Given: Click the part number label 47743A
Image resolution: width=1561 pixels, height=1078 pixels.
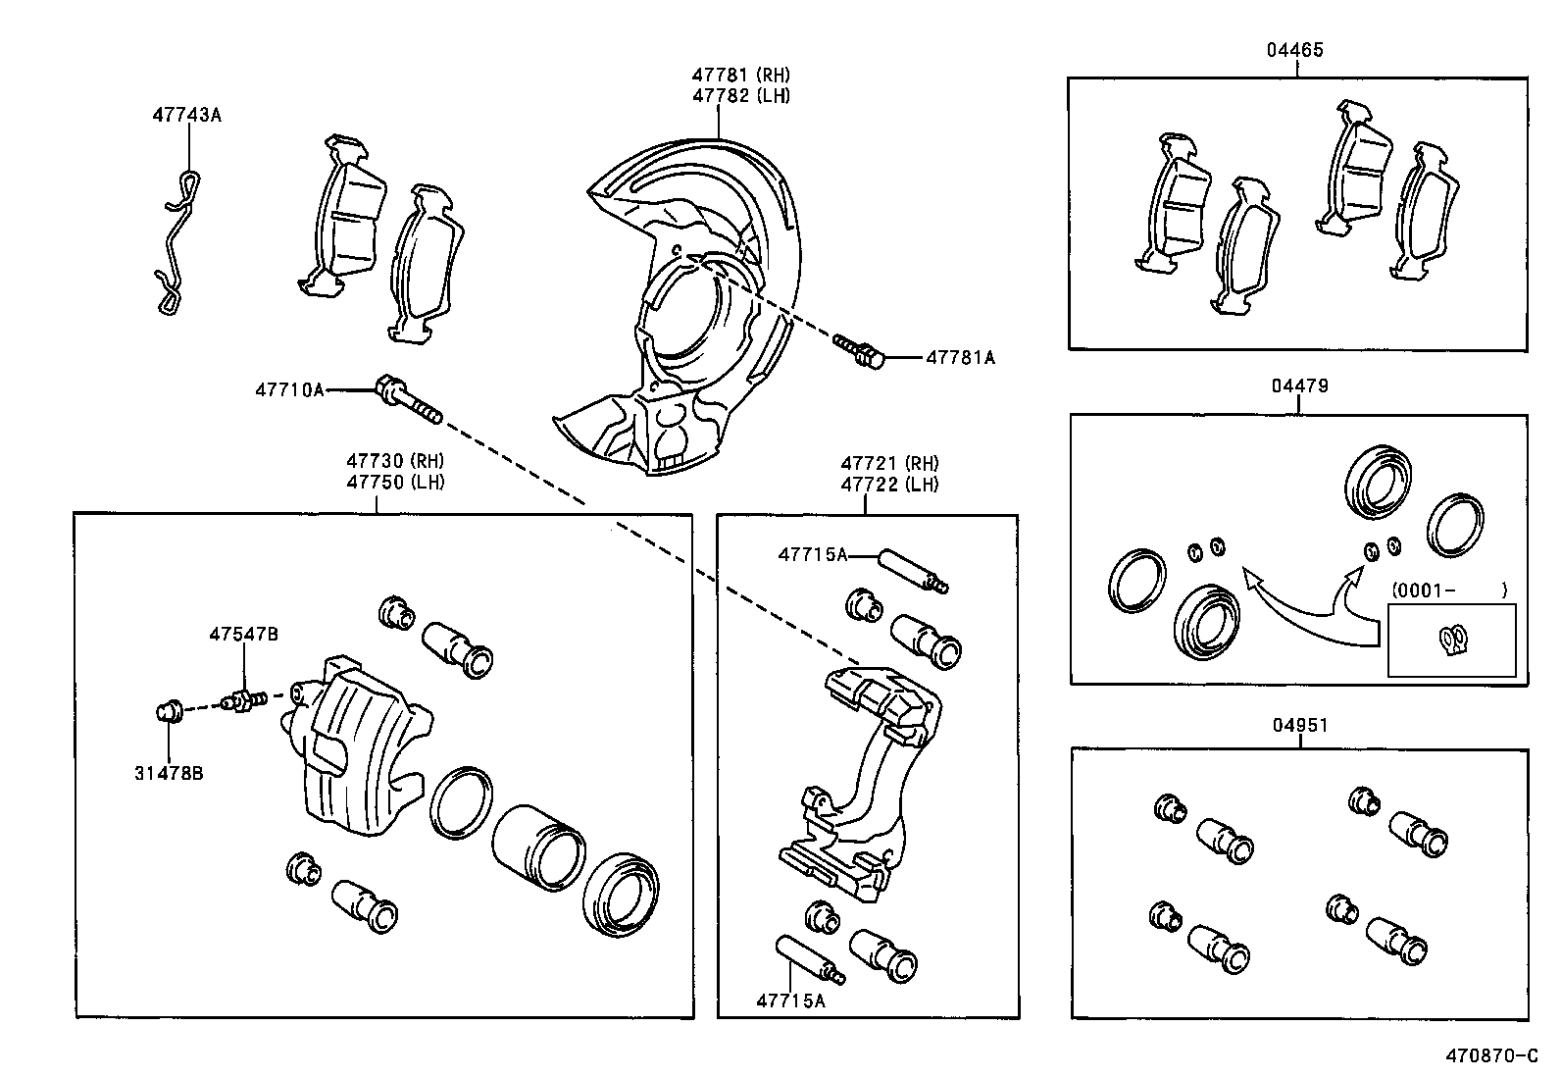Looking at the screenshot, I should point(186,115).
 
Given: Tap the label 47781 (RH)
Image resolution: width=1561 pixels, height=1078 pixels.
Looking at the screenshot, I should point(740,75).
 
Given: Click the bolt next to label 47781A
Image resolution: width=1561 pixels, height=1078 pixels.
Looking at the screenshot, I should point(860,350).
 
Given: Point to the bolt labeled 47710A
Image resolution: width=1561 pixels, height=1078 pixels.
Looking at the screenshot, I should point(407,401).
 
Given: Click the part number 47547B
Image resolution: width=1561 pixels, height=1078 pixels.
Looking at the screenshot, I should point(243,635).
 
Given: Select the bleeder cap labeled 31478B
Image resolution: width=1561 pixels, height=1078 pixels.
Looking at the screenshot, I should point(169,709).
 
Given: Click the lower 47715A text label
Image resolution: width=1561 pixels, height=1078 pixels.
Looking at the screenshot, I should point(790,1001).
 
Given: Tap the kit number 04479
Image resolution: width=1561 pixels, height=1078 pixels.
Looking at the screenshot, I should point(1300,386).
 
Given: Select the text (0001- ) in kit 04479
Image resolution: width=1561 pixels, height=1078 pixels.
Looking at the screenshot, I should point(1447,590).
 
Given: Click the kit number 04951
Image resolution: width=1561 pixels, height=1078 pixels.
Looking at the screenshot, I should point(1300,726).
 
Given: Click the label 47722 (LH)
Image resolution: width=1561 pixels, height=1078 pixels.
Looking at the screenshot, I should point(889,485).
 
